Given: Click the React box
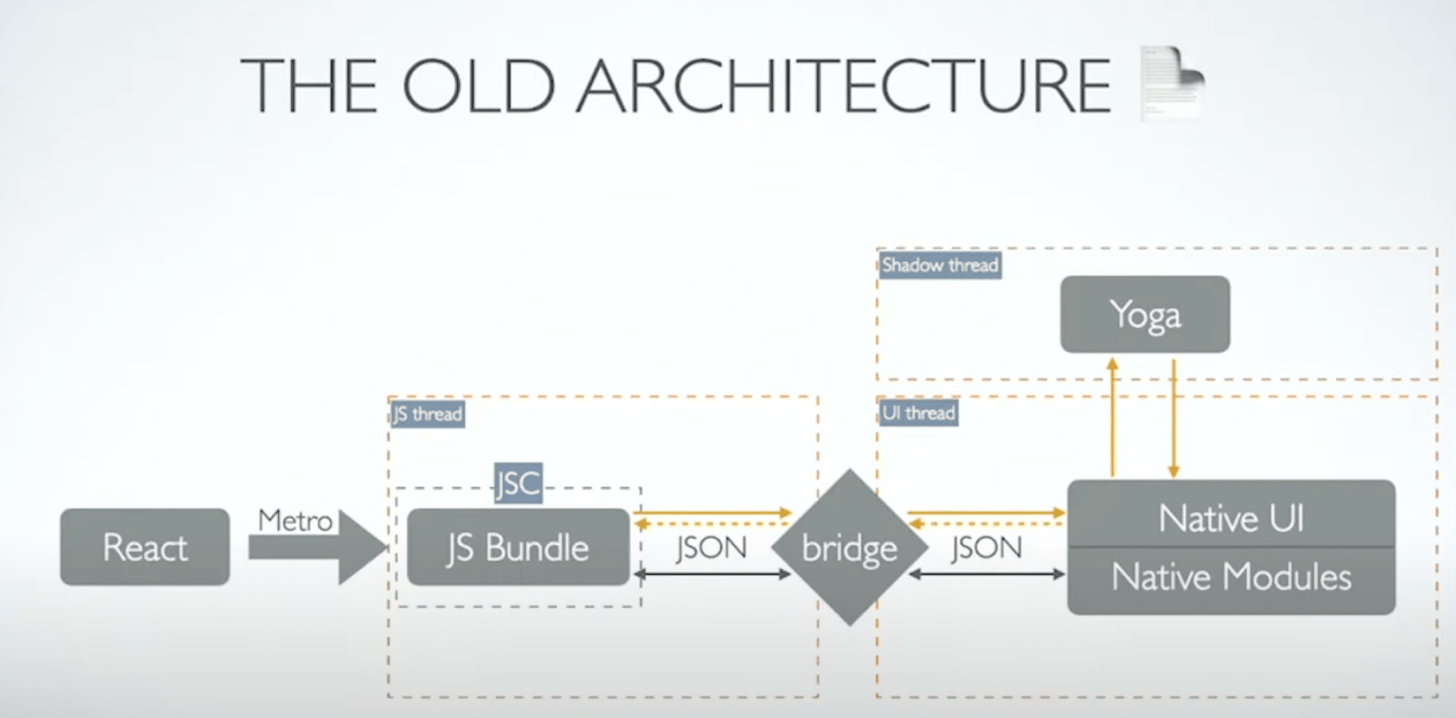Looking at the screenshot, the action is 145,547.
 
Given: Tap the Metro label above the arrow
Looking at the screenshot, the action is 295,520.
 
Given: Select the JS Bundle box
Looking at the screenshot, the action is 518,547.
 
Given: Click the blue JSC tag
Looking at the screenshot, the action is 518,482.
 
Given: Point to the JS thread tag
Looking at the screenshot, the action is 428,414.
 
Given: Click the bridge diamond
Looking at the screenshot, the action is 850,547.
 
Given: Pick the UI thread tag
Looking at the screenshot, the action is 919,413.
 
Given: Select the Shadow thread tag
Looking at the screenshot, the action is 940,266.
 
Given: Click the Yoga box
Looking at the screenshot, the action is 1145,314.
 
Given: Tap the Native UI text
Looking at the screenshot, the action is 1231,518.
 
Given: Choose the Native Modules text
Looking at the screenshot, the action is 1231,576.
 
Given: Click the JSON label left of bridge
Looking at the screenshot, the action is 712,547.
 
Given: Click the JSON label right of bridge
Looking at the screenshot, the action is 987,547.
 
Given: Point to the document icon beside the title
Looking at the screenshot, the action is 1173,83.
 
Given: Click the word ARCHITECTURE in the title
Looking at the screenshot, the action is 843,86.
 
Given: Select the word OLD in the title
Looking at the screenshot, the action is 479,86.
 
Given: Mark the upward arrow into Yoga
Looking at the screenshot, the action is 1113,417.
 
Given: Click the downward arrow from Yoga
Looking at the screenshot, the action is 1174,418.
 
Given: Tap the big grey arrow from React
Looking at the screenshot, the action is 317,547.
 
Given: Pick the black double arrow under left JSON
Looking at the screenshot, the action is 712,573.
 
